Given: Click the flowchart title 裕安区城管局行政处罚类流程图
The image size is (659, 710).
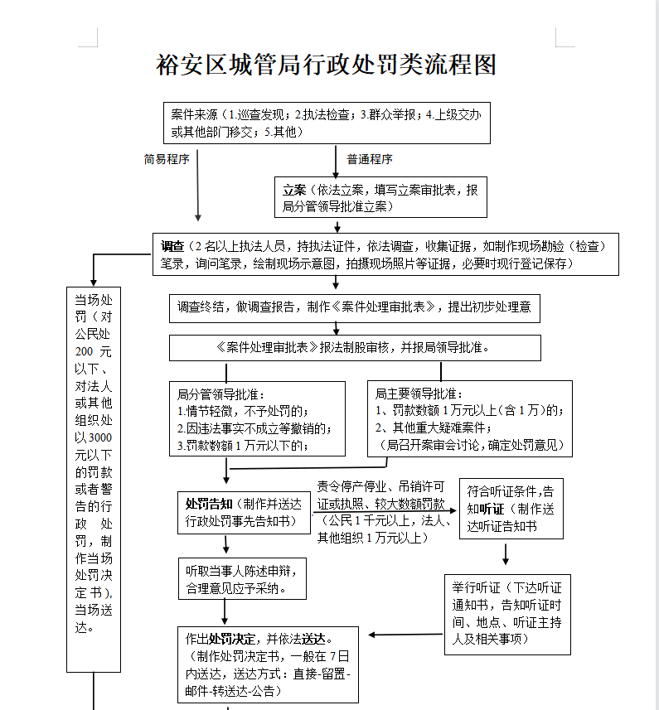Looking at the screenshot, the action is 327,65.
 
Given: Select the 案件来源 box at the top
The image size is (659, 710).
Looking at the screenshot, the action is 327,123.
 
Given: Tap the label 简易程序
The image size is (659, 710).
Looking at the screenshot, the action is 167,159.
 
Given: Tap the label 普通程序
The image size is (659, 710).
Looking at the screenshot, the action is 370,159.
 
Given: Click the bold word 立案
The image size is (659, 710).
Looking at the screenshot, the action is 294,190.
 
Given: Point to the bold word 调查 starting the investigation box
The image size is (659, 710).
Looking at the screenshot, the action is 172,246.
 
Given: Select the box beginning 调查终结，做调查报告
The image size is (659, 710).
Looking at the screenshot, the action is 355,308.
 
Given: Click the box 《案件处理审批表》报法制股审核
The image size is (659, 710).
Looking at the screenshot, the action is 355,348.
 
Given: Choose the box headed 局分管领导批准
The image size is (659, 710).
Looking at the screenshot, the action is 257,419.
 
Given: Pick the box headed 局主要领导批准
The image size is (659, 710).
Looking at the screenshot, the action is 470,419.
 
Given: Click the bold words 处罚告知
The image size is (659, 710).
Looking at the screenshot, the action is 209,504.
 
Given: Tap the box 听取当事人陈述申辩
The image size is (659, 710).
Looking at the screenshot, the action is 242,578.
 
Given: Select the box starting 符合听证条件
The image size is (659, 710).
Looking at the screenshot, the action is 511,509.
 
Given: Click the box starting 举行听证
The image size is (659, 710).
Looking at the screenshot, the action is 508,615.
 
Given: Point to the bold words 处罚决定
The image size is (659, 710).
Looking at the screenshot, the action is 232,639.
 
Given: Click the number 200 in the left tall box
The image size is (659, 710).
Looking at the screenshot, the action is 84,352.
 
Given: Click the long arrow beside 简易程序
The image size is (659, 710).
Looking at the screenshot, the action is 197,186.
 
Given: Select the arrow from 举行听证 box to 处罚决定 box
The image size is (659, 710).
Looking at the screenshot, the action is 406,635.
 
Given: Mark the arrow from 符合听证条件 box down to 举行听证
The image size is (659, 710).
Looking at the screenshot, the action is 506,554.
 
